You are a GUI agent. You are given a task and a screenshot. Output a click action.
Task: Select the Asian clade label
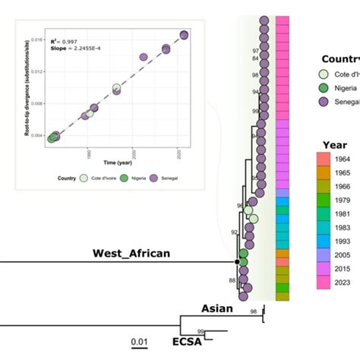click(216, 309)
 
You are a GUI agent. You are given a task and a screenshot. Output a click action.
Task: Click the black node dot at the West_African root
click(238, 261)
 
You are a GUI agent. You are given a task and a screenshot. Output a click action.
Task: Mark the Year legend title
click(333, 141)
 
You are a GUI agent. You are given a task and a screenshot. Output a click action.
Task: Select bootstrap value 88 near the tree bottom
click(232, 281)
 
